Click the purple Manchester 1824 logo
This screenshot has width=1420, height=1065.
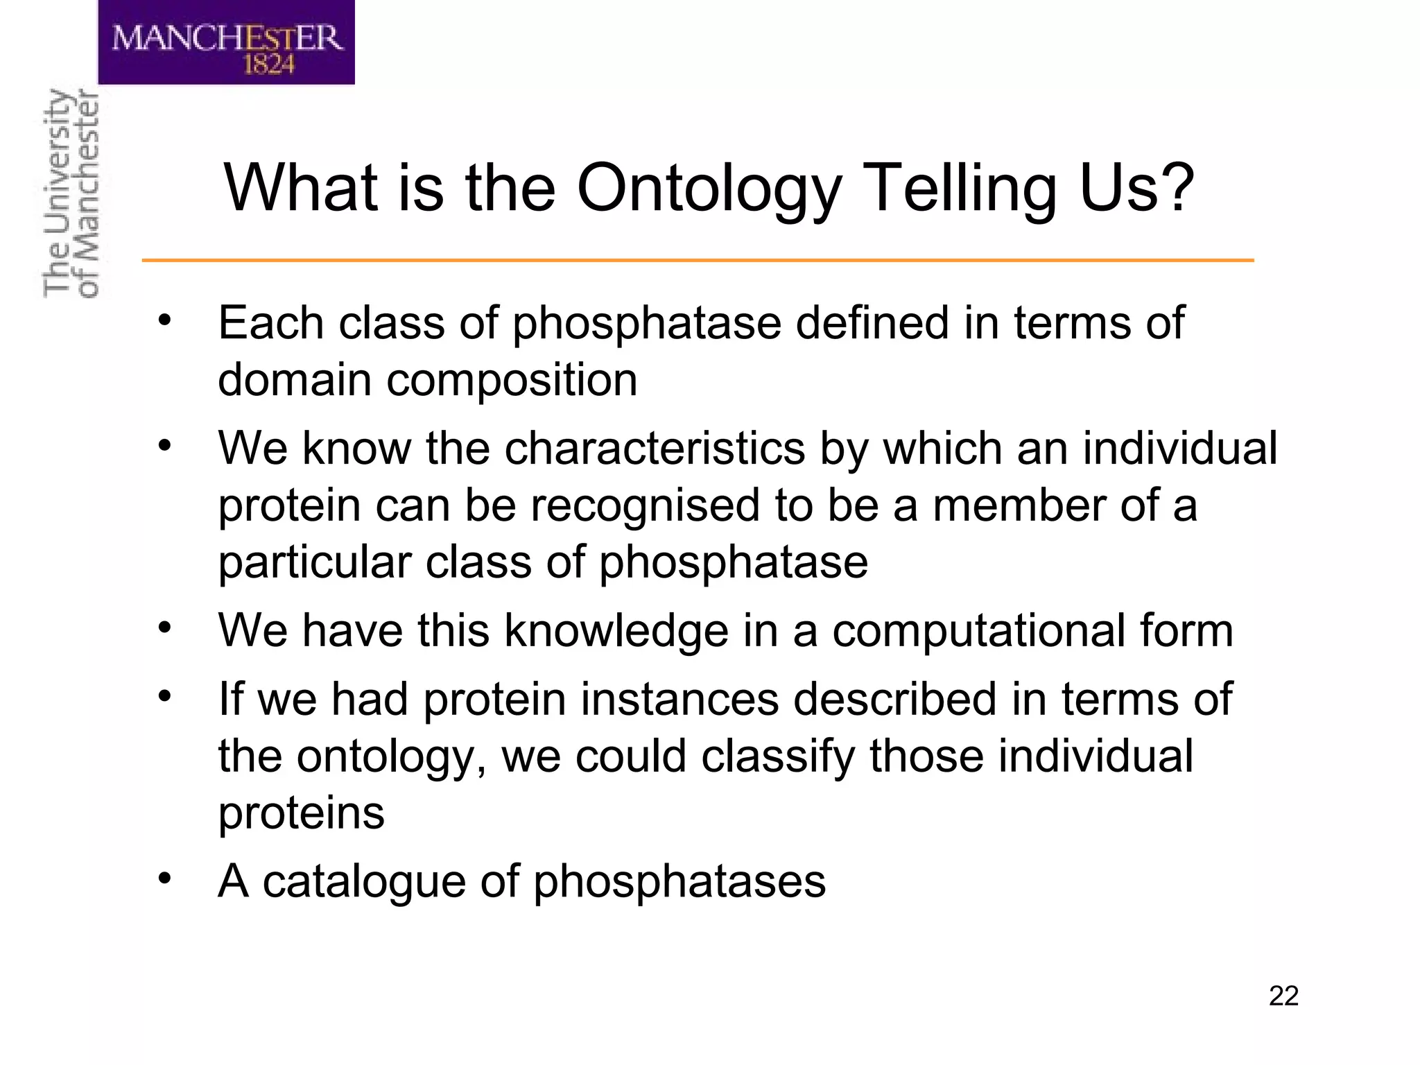[226, 43]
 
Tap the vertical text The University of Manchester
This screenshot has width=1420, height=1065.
[71, 194]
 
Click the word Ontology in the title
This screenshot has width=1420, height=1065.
[709, 189]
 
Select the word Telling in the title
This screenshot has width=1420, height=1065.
[962, 189]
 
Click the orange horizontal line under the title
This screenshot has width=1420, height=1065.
[697, 261]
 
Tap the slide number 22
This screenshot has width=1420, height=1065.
[1283, 996]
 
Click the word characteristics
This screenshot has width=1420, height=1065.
[655, 449]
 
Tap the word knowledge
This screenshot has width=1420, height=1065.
[616, 631]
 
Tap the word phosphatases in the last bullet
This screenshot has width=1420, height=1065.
[679, 882]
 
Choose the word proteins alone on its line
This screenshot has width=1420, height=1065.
[301, 813]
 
